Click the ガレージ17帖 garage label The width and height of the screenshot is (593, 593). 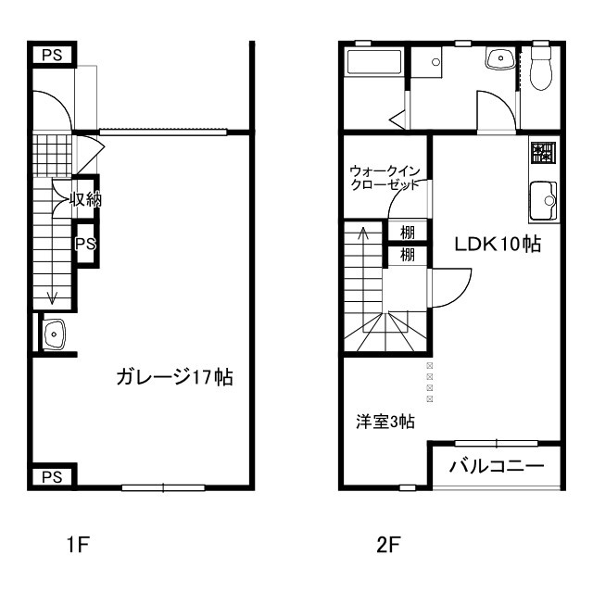click(x=173, y=377)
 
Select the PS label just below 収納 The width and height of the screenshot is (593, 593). click(x=85, y=245)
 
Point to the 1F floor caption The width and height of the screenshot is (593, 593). click(x=77, y=545)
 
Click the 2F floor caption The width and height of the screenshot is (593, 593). click(x=388, y=545)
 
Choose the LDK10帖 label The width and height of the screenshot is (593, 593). click(x=497, y=245)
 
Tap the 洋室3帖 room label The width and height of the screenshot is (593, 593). click(x=385, y=422)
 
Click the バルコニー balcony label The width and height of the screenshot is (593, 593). click(x=497, y=466)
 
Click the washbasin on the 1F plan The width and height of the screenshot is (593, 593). click(x=55, y=333)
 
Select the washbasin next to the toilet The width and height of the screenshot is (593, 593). click(x=500, y=58)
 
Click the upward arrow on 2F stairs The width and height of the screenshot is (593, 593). click(x=362, y=235)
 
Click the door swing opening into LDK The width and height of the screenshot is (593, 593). click(x=451, y=287)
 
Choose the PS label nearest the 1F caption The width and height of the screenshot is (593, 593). click(x=52, y=476)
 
